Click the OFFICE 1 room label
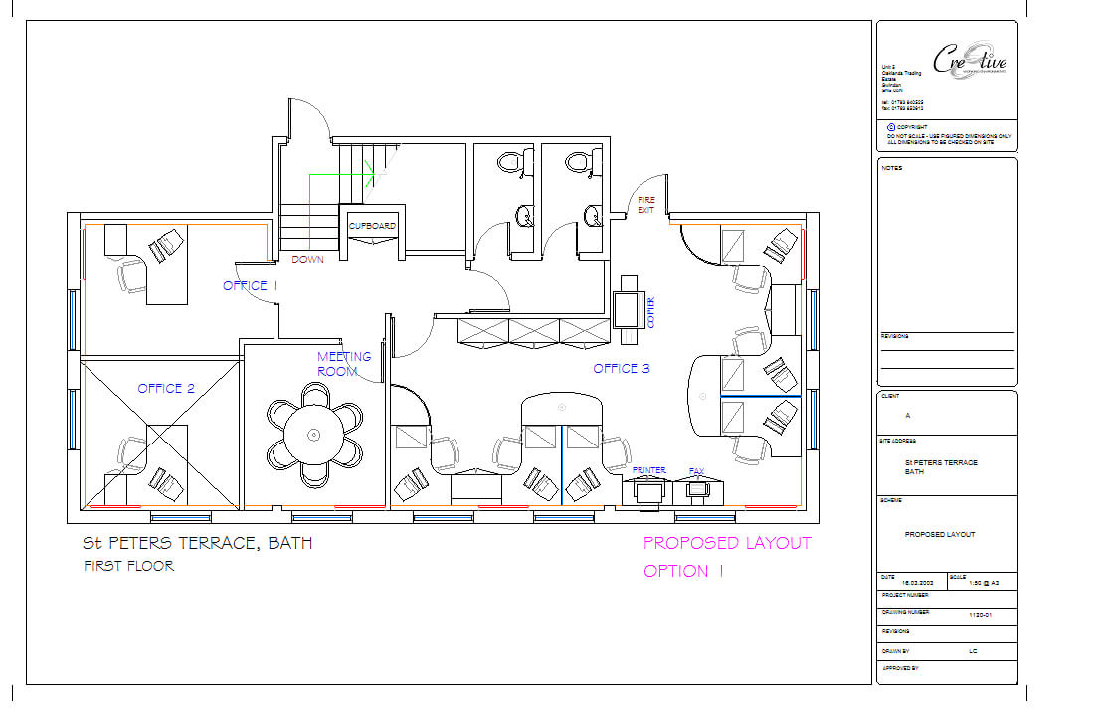click(x=250, y=286)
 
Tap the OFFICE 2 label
click(x=166, y=388)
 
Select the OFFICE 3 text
click(x=622, y=369)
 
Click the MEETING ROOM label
click(x=344, y=364)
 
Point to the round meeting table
click(x=314, y=435)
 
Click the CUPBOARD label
click(x=372, y=227)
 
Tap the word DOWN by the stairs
click(x=307, y=260)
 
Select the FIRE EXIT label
click(x=646, y=205)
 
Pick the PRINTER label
click(x=649, y=470)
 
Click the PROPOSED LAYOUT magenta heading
click(x=727, y=543)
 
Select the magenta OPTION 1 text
click(x=683, y=571)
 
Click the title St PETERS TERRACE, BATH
click(x=197, y=544)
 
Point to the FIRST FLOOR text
click(x=128, y=566)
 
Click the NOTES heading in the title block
click(x=891, y=168)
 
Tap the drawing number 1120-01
click(x=981, y=616)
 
